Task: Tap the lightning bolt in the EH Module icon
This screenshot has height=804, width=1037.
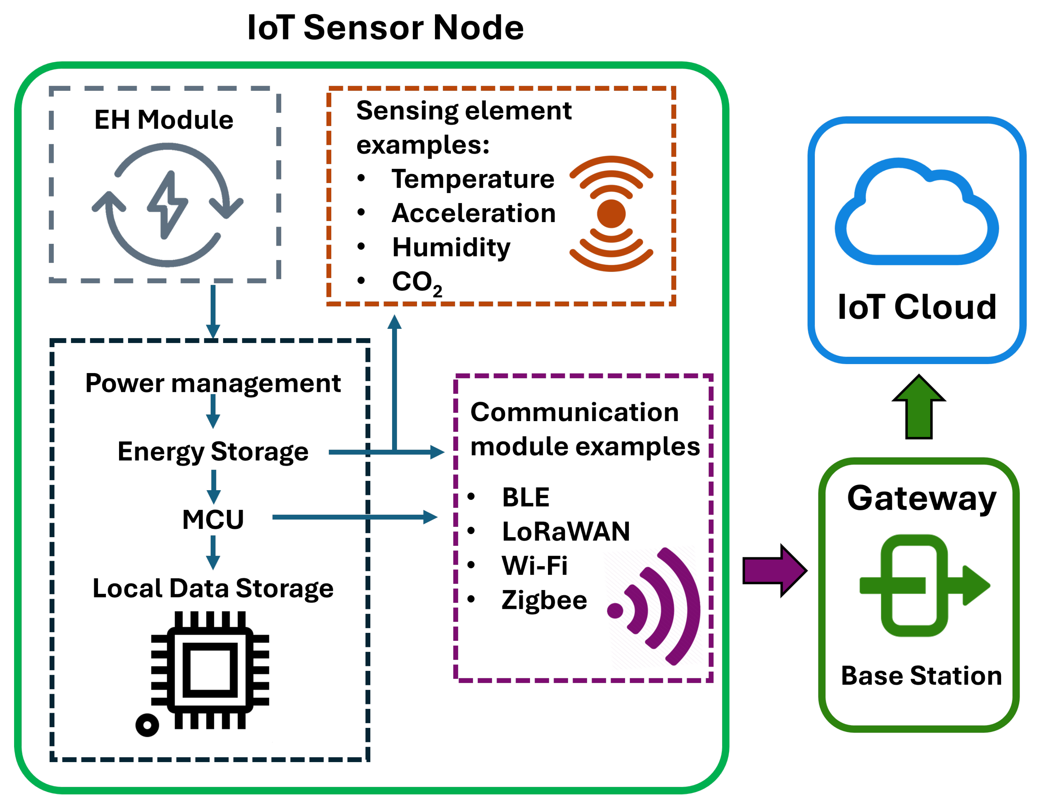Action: point(167,205)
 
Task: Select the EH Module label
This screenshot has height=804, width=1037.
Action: point(164,120)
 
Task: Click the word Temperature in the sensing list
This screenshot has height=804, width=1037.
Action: point(472,179)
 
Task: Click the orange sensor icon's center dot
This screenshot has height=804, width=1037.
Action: point(611,214)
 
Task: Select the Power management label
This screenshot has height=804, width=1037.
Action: point(213,383)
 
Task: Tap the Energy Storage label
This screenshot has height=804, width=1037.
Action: point(213,451)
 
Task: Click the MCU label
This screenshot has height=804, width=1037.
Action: point(213,519)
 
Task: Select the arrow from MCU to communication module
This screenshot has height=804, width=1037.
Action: point(354,517)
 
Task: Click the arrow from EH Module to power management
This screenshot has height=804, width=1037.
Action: point(213,311)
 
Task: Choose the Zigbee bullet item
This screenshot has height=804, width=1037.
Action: point(544,600)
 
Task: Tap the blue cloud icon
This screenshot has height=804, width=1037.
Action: point(916,214)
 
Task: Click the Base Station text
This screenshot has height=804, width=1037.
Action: point(921,675)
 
